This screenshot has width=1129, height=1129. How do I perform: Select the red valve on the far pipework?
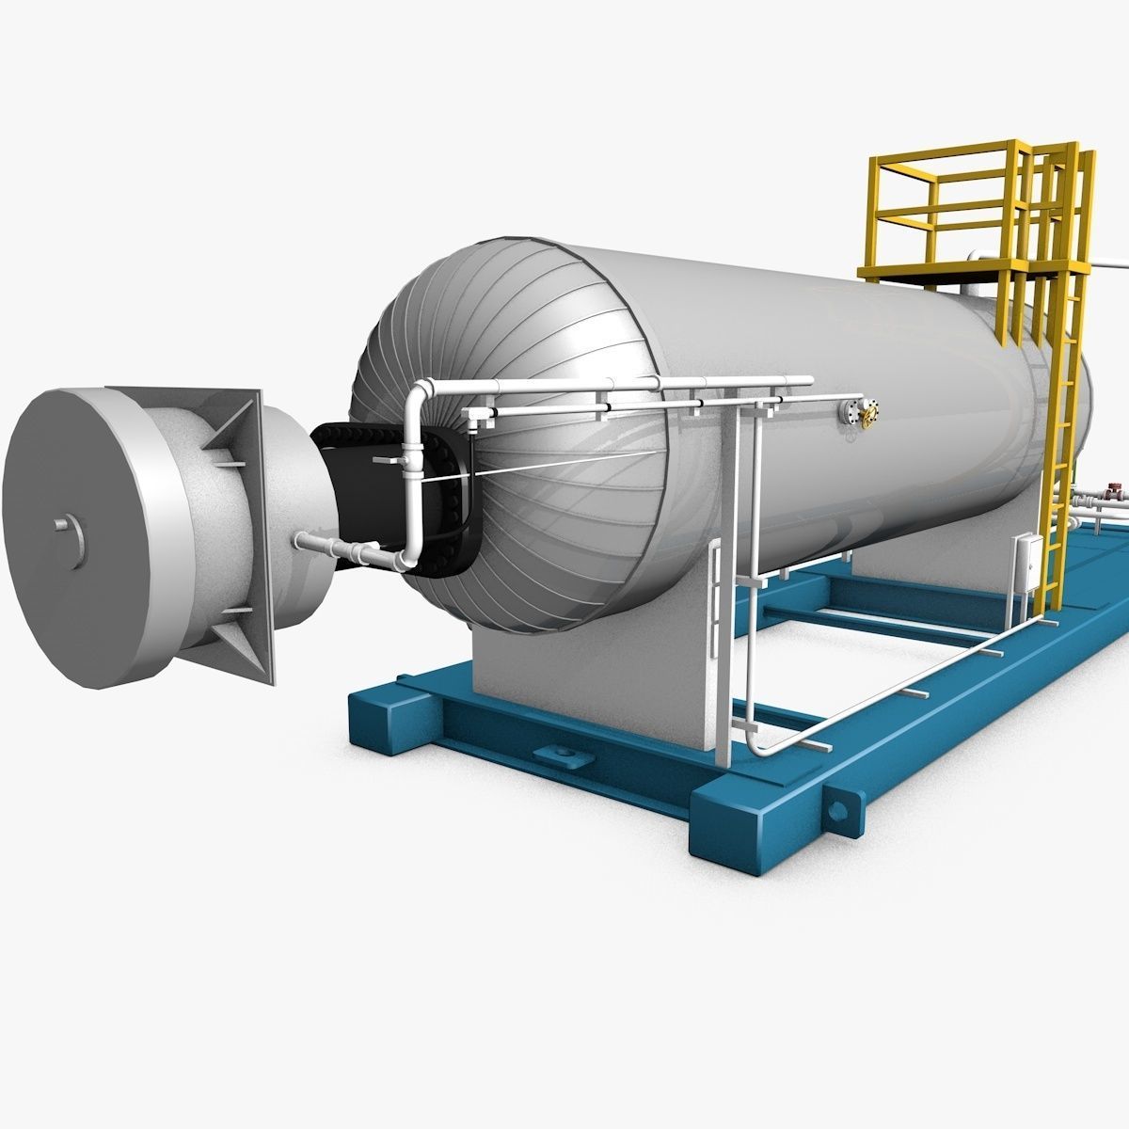(x=1113, y=492)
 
